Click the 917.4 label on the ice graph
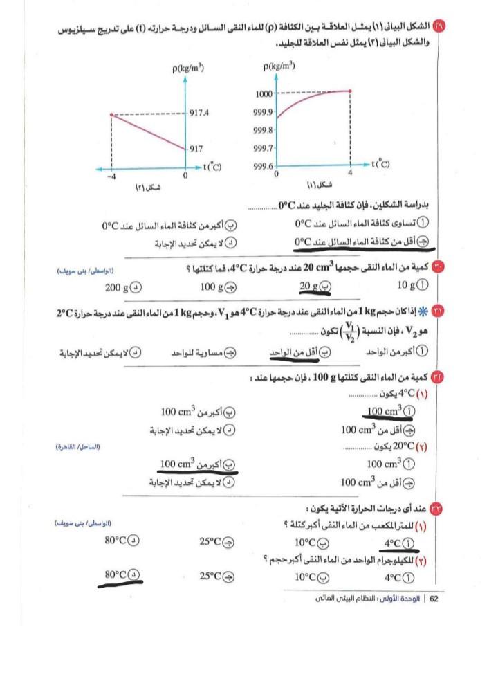[200, 114]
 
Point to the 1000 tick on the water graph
[264, 93]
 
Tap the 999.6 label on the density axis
[264, 166]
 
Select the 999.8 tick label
[264, 130]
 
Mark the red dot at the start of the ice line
[111, 115]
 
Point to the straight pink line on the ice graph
[149, 131]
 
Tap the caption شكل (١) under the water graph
[317, 185]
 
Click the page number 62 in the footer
[434, 599]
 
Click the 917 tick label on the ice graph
[196, 148]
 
